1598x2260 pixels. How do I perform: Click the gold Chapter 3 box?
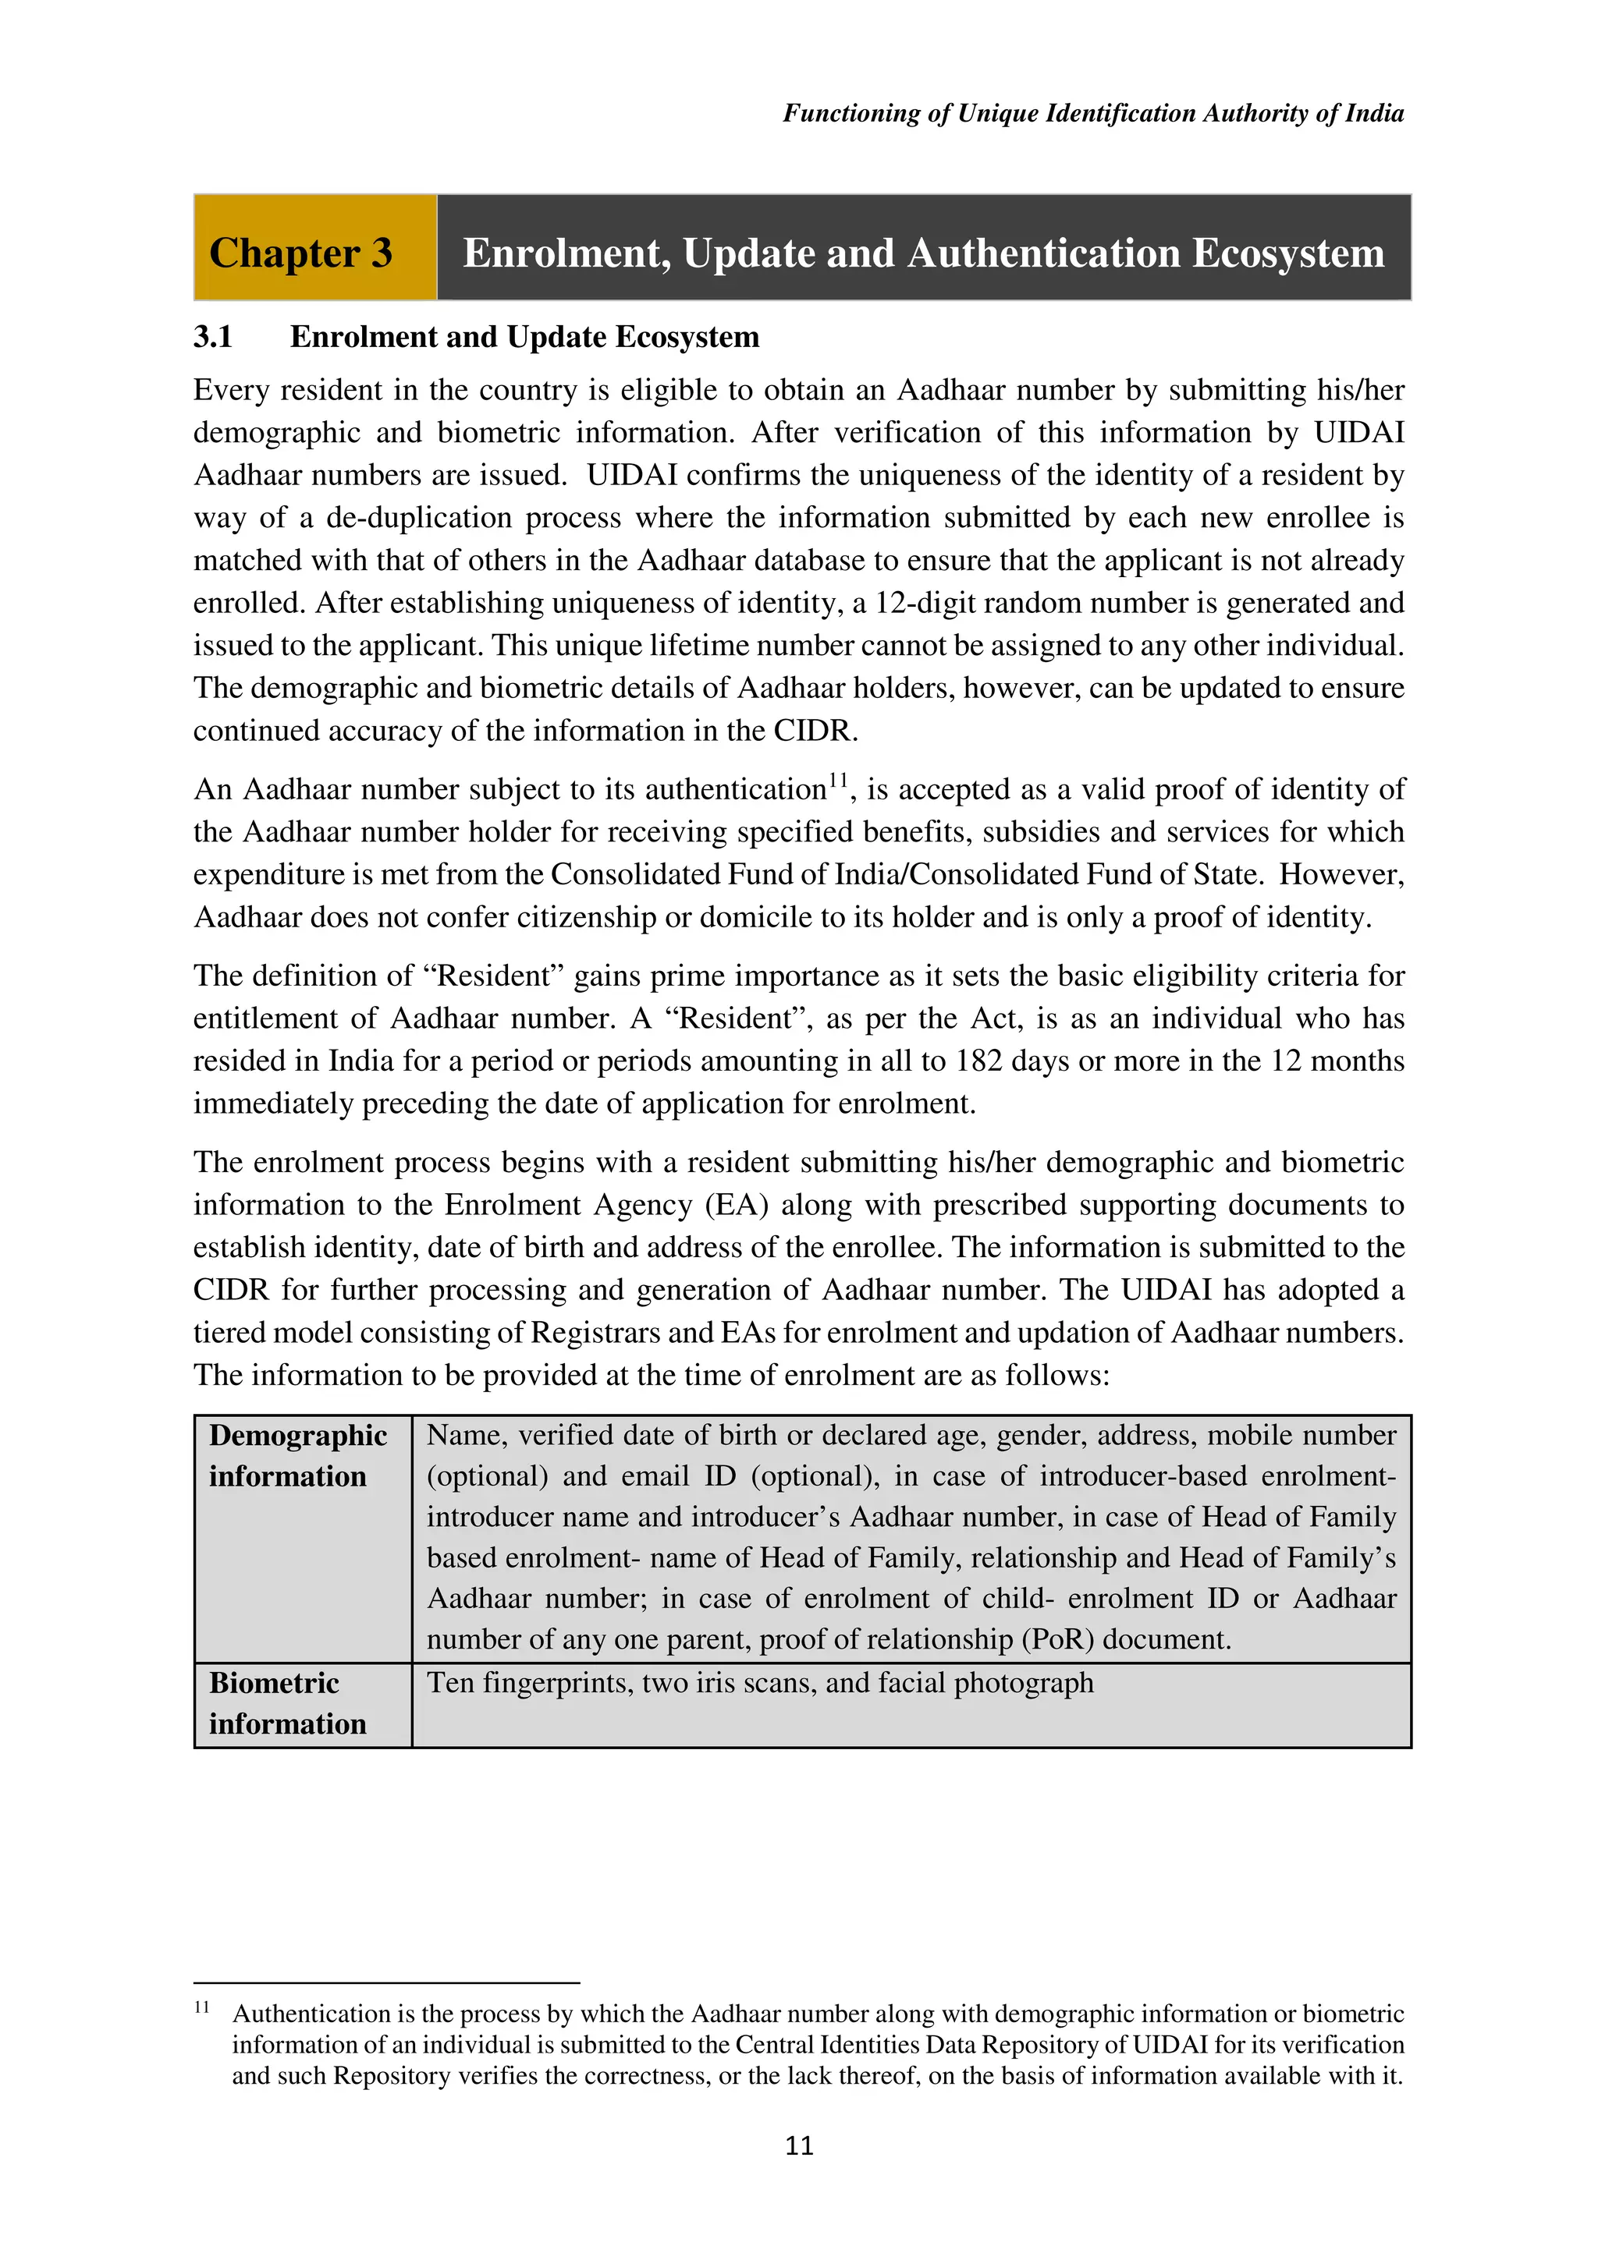[x=314, y=247]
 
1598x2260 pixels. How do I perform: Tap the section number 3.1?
[x=213, y=337]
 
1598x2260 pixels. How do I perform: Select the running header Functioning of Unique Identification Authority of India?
[x=1093, y=113]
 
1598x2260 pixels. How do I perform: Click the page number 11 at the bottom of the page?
[x=798, y=2145]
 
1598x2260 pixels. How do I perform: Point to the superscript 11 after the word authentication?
[x=838, y=781]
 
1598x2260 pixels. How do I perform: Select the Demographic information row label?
[x=297, y=1456]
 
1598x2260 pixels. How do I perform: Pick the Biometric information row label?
[x=286, y=1703]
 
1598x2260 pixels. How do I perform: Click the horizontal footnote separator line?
[x=386, y=1983]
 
